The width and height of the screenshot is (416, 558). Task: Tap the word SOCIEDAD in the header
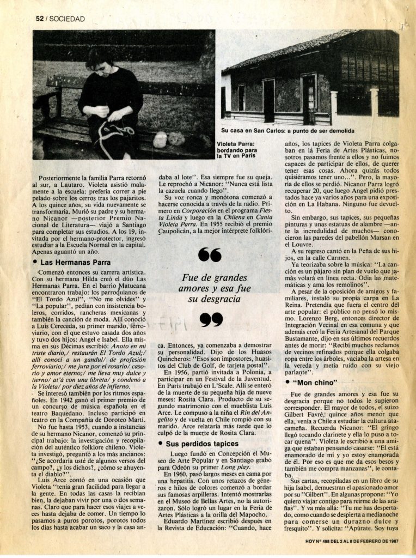point(66,19)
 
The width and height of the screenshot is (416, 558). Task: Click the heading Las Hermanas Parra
point(69,263)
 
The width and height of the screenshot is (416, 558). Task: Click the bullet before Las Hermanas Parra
point(35,263)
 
